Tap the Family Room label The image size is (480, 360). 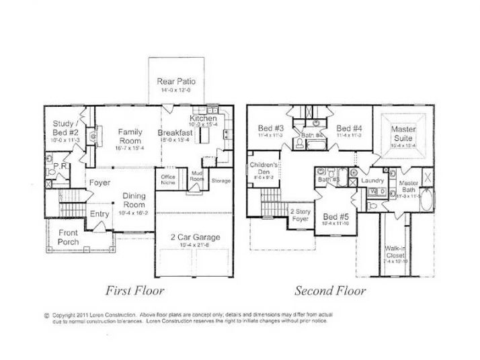point(130,136)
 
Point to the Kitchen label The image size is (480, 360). point(202,118)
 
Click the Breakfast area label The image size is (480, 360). point(176,133)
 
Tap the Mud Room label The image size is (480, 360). point(197,178)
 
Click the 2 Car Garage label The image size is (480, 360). point(194,238)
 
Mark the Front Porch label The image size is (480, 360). point(68,238)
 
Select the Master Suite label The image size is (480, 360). point(403,133)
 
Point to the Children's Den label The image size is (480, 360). point(263,168)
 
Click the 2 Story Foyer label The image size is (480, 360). point(299,214)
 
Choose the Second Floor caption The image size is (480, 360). point(330,291)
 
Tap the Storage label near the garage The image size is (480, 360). point(221,181)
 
